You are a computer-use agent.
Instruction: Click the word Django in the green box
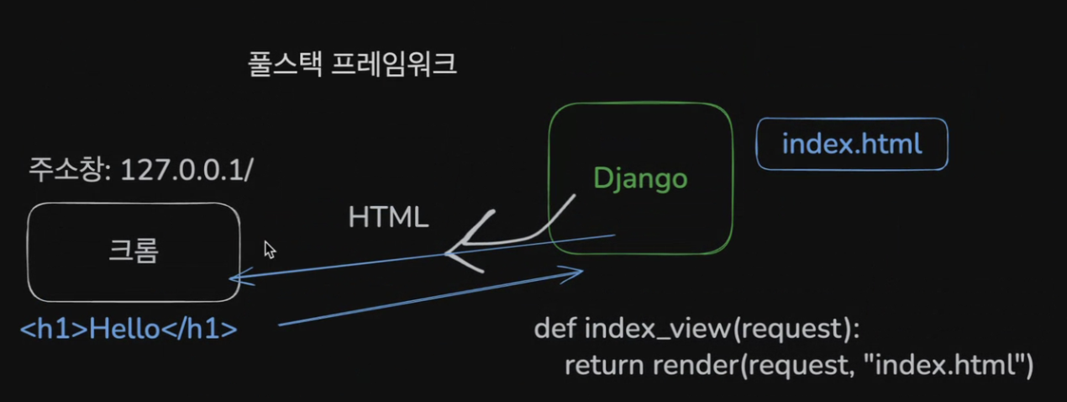[x=640, y=177]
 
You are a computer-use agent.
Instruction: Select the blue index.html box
[x=852, y=144]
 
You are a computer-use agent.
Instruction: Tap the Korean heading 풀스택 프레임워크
[x=353, y=65]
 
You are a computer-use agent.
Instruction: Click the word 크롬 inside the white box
[x=134, y=251]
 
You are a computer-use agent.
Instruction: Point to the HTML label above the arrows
[x=389, y=218]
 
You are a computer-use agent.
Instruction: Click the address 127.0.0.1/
[x=187, y=169]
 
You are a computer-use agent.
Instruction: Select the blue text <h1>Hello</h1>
[x=129, y=329]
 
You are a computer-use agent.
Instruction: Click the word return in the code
[x=602, y=365]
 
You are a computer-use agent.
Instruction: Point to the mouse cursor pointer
[x=269, y=249]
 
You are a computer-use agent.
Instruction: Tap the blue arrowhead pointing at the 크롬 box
[x=236, y=280]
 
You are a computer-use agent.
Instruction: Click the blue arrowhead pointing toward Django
[x=576, y=272]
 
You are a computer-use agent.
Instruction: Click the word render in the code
[x=686, y=365]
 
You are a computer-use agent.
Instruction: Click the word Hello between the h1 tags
[x=125, y=329]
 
